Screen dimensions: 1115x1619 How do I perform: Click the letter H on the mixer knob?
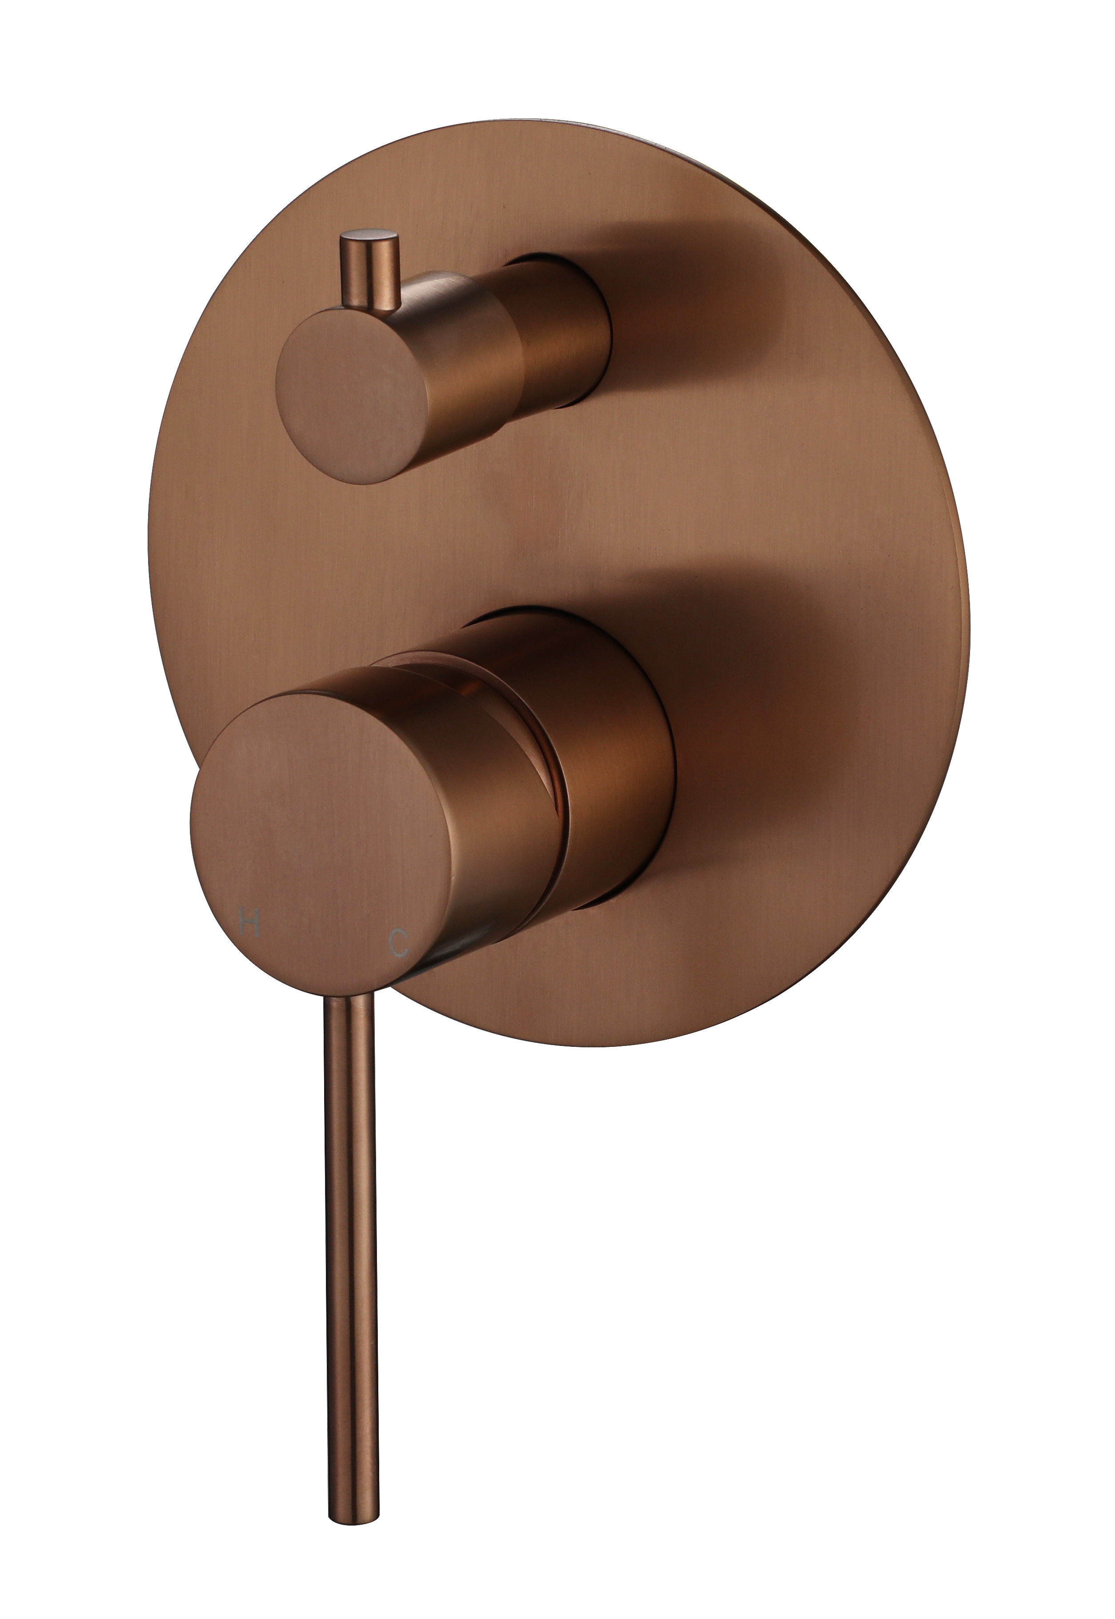pyautogui.click(x=249, y=925)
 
